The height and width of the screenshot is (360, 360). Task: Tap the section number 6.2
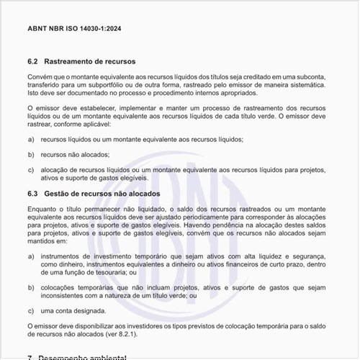pyautogui.click(x=32, y=61)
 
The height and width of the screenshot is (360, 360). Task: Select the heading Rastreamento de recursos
pyautogui.click(x=90, y=61)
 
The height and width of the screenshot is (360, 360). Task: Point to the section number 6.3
pyautogui.click(x=32, y=194)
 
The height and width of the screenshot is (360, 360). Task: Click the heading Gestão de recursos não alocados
pyautogui.click(x=103, y=194)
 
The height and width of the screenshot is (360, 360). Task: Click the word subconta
pyautogui.click(x=311, y=76)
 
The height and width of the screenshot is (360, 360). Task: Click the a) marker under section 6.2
pyautogui.click(x=30, y=139)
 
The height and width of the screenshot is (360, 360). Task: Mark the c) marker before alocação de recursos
pyautogui.click(x=30, y=170)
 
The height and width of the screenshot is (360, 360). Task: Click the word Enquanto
pyautogui.click(x=42, y=208)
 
